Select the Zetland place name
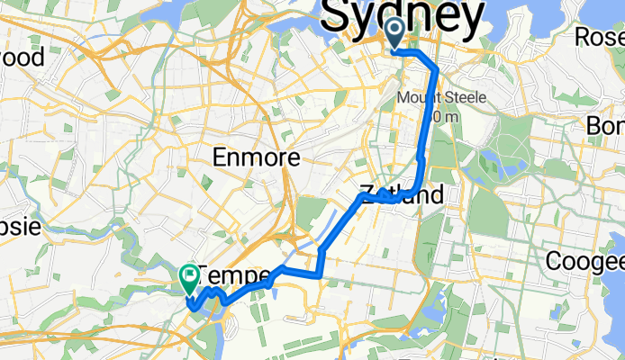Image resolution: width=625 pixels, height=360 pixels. [x=402, y=194]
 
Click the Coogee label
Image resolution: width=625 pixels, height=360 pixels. [x=584, y=261]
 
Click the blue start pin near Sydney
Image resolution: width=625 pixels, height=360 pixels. [x=395, y=35]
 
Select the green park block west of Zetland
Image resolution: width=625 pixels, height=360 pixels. [x=310, y=214]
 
